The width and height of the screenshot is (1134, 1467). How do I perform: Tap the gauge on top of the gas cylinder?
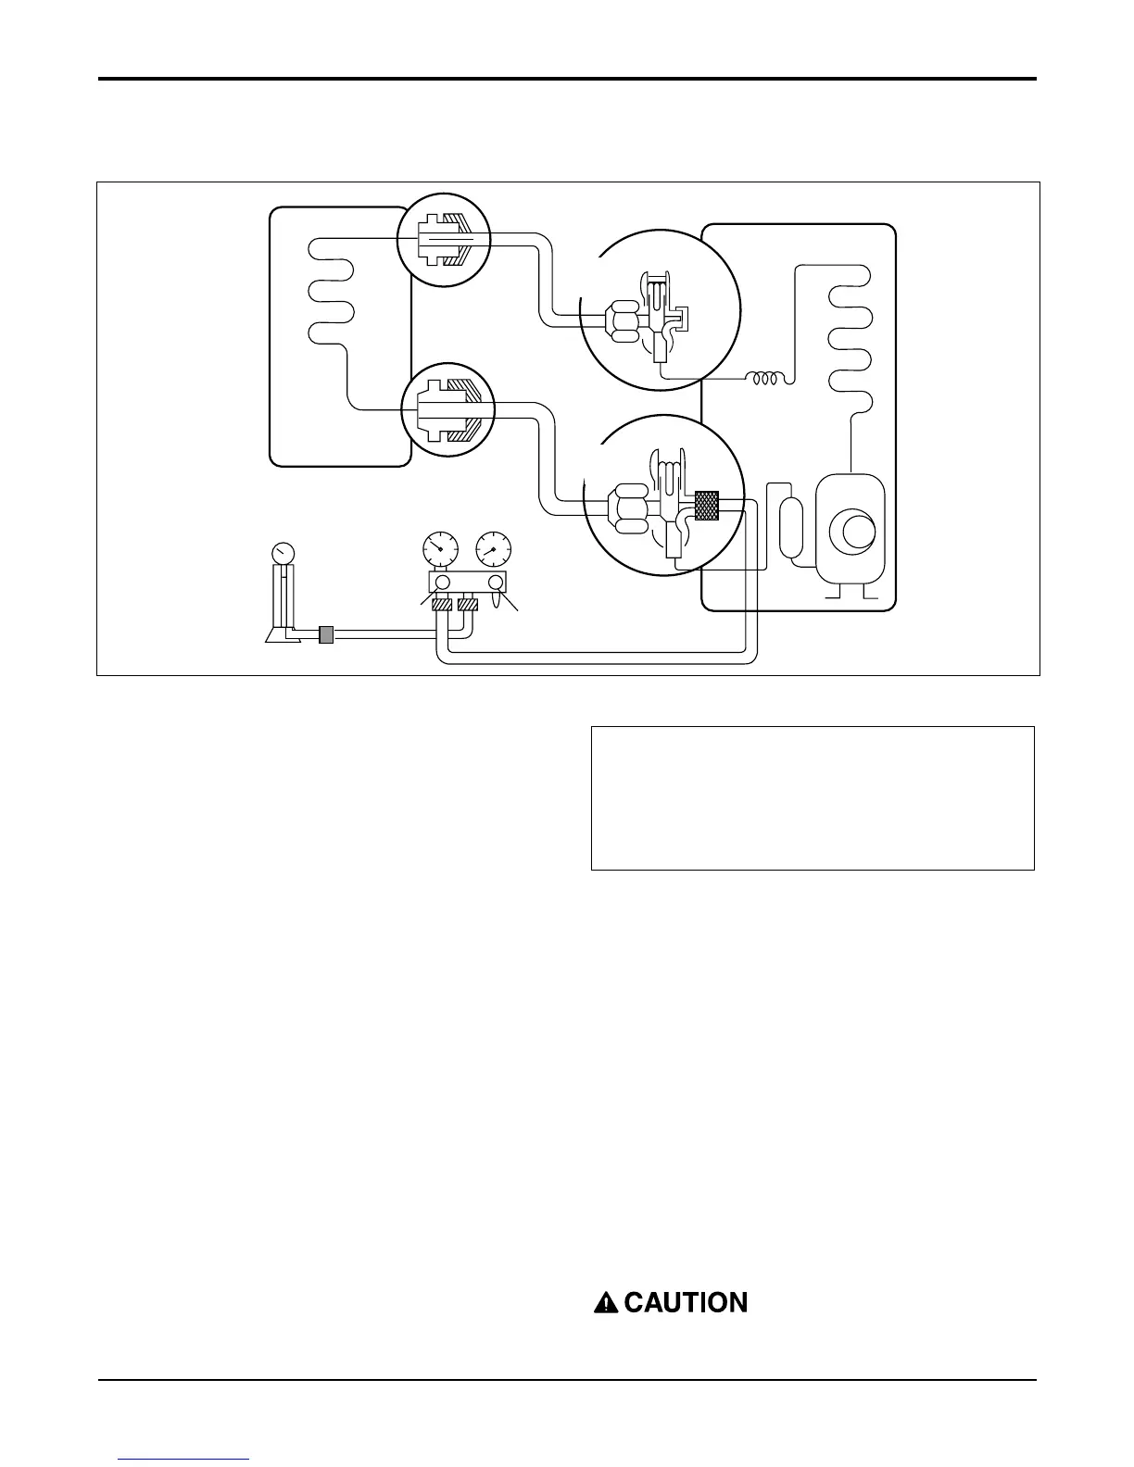[282, 552]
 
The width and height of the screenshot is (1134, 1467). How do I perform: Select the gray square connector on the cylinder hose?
[325, 634]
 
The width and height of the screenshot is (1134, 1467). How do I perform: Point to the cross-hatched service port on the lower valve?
[707, 504]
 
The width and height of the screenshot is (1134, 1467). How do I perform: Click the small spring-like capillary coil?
[768, 378]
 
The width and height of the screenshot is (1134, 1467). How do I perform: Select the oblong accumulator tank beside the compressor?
[793, 528]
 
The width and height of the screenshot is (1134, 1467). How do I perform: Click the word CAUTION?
[686, 1303]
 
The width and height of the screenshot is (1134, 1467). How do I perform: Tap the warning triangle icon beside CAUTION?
[605, 1303]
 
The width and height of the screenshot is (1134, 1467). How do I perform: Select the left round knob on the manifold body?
[441, 583]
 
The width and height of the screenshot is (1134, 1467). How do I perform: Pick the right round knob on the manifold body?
[496, 583]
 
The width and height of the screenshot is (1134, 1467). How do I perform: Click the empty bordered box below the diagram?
[812, 797]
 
